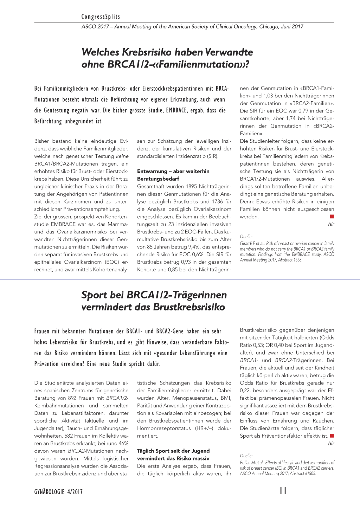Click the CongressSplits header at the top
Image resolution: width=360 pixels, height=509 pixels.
click(x=101, y=17)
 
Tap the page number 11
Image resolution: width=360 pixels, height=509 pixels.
click(x=283, y=491)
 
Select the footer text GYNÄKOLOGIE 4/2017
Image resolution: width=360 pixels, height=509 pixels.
click(x=58, y=492)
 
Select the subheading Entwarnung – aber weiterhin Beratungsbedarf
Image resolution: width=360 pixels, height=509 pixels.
click(x=173, y=175)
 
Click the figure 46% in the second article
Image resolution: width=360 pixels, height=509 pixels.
click(x=123, y=443)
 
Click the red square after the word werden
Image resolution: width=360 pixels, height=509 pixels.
click(x=332, y=217)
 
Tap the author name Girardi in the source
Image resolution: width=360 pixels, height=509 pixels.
click(x=246, y=243)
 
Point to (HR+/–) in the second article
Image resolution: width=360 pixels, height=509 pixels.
click(x=204, y=428)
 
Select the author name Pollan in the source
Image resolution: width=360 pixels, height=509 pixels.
click(x=245, y=463)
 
